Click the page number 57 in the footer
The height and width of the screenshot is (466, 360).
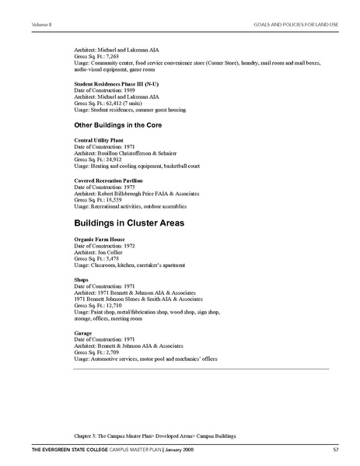334,450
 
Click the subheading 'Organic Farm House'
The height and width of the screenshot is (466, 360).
99,239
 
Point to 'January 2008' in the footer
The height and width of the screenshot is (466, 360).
191,450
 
